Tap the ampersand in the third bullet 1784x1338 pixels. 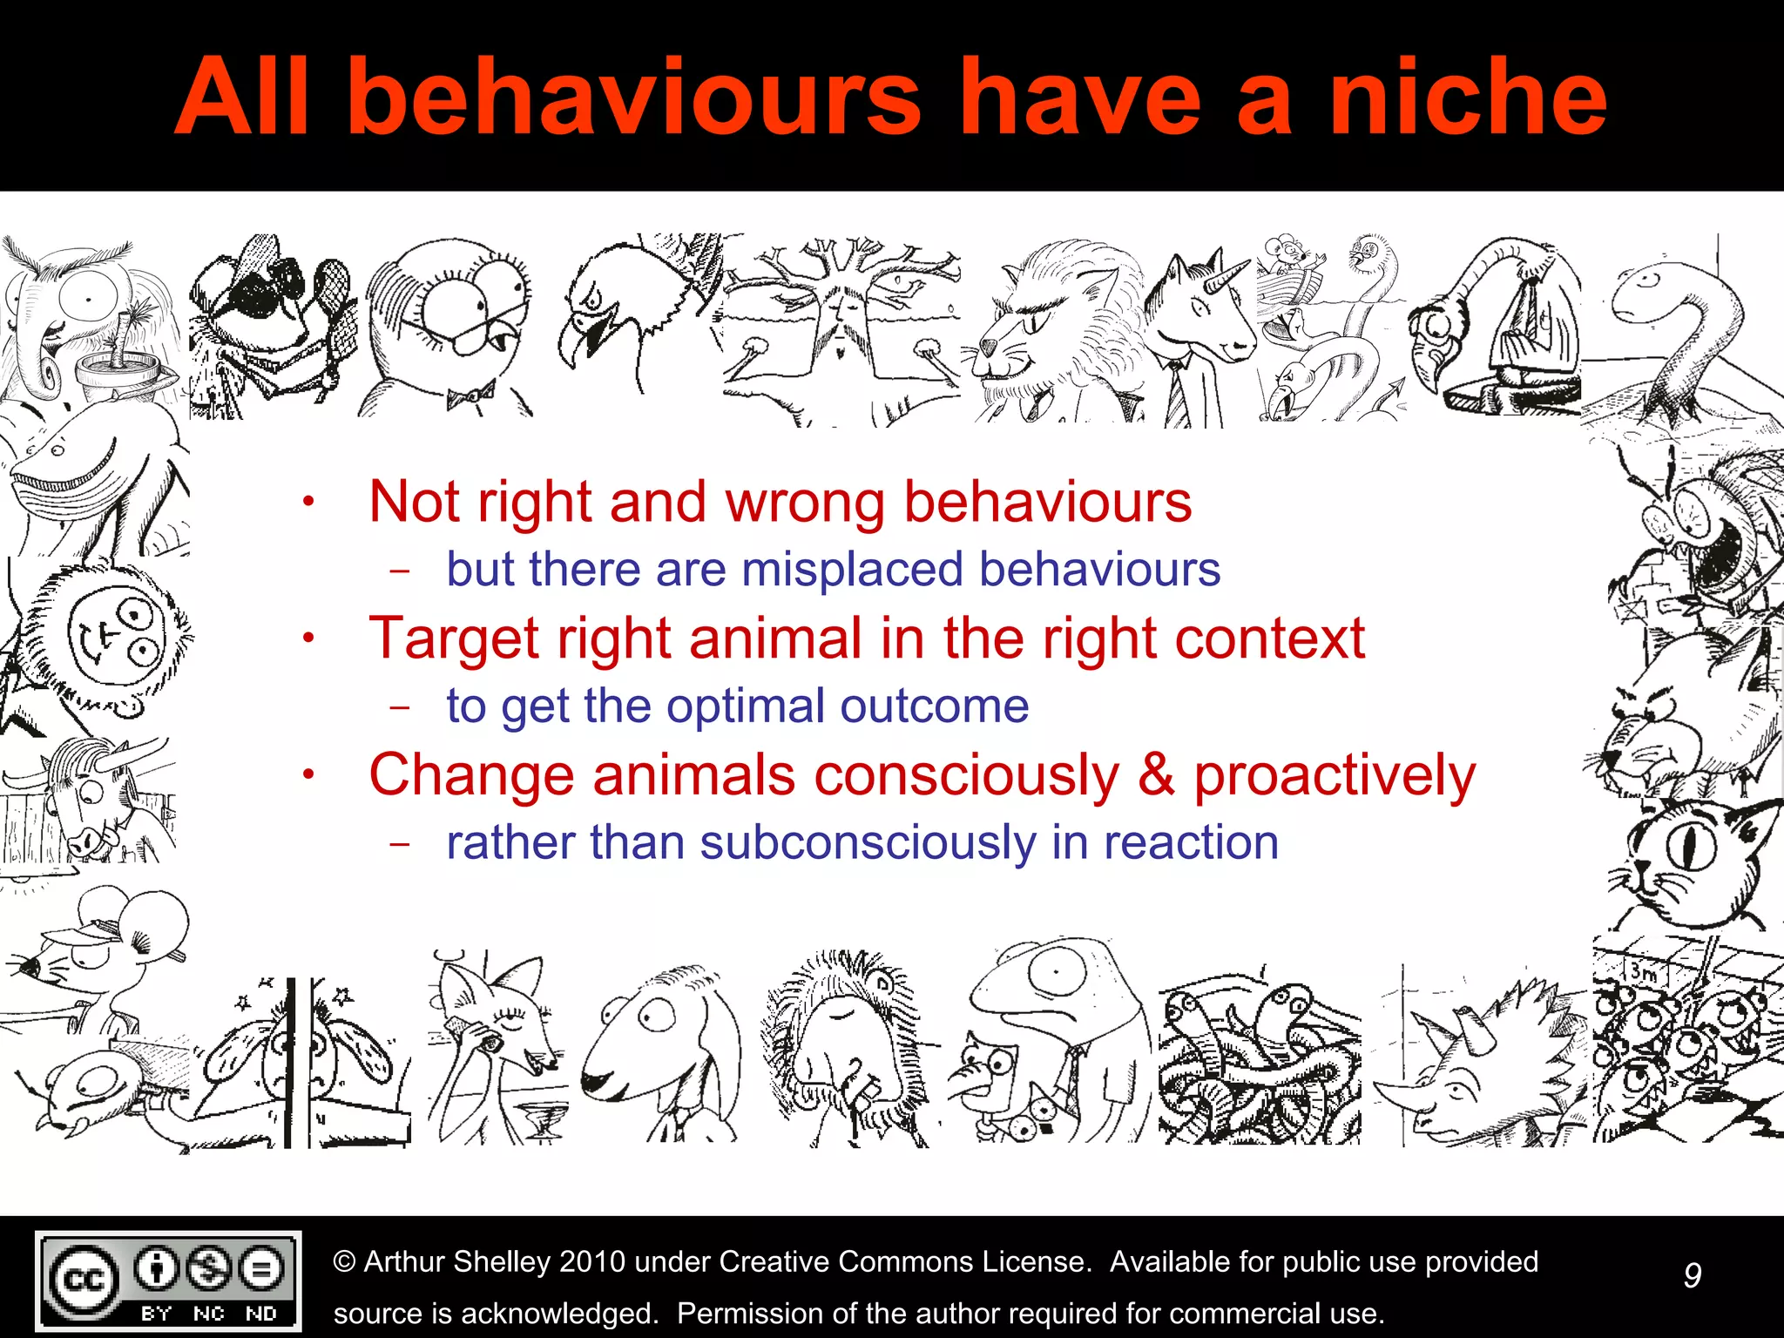click(1156, 774)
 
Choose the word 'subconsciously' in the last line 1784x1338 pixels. click(868, 842)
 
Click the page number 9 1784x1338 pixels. click(1692, 1275)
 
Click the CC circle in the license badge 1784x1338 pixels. click(84, 1280)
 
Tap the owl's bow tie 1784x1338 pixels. click(470, 397)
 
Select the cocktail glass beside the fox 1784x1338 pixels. click(544, 1118)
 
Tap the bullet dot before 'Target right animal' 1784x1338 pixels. click(307, 639)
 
